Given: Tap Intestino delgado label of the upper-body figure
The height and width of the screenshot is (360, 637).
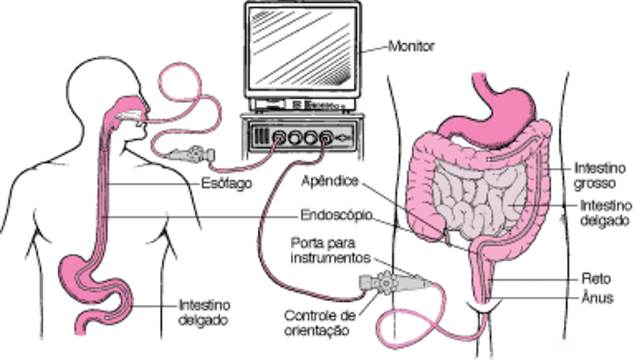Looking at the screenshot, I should [205, 310].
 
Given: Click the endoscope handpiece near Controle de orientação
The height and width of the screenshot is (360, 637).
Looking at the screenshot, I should [379, 284].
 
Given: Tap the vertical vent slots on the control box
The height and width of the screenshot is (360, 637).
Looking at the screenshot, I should [263, 137].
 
